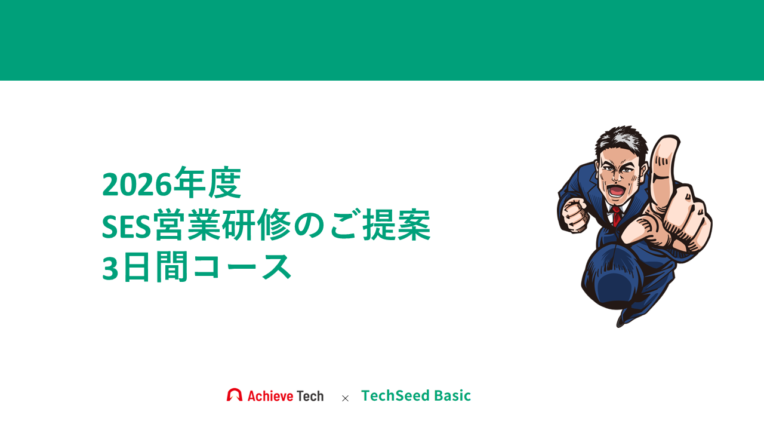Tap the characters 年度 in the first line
[207, 183]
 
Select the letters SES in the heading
[127, 226]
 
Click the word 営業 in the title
[187, 225]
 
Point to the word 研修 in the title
[257, 225]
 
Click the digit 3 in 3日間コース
[110, 268]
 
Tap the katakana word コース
[242, 267]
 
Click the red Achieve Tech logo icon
[235, 395]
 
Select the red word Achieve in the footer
[270, 396]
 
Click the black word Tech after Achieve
[310, 396]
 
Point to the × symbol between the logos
[345, 398]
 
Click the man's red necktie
[616, 216]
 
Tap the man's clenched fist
[575, 214]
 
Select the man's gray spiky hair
[621, 140]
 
